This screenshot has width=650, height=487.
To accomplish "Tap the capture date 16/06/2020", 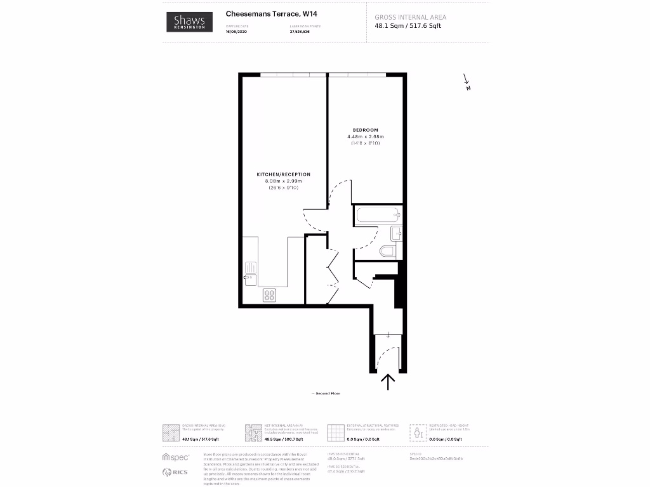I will [x=235, y=31].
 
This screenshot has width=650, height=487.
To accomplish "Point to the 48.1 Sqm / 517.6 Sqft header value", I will [x=408, y=26].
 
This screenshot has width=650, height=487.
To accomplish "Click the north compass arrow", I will [x=467, y=81].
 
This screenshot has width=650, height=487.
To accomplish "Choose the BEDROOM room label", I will [x=365, y=130].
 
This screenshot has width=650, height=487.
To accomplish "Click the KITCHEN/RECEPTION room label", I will [x=283, y=174].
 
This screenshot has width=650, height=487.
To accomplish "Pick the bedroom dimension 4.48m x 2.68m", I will [x=365, y=136].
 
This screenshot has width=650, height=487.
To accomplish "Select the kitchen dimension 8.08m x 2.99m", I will [x=283, y=181].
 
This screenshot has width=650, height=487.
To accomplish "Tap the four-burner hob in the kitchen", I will [x=270, y=295].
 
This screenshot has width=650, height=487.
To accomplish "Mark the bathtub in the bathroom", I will [x=378, y=215].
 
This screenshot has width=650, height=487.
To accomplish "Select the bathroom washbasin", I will [x=396, y=233].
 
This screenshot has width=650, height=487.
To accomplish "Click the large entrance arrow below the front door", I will [x=387, y=380].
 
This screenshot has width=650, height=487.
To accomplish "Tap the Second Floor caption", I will [x=326, y=394].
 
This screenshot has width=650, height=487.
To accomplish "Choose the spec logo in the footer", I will [x=176, y=457].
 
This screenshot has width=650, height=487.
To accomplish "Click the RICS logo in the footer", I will [x=176, y=472].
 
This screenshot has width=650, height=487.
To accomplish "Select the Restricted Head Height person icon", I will [x=418, y=432].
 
